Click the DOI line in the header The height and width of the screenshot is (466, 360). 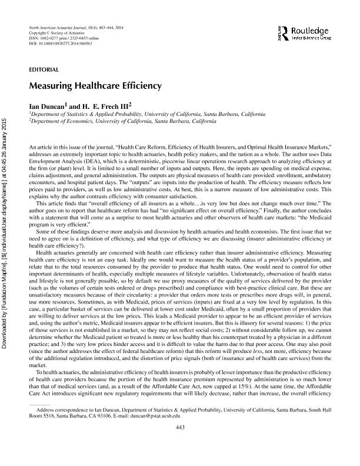tap(60, 44)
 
